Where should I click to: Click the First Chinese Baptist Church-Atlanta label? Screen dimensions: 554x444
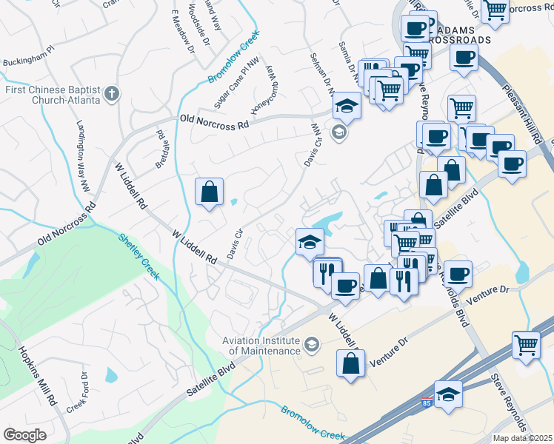(51, 94)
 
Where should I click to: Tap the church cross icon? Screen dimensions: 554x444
(111, 93)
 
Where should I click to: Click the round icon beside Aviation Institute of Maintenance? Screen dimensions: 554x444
(312, 344)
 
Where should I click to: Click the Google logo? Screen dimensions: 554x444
(24, 435)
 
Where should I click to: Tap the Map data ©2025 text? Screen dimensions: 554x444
(522, 438)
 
